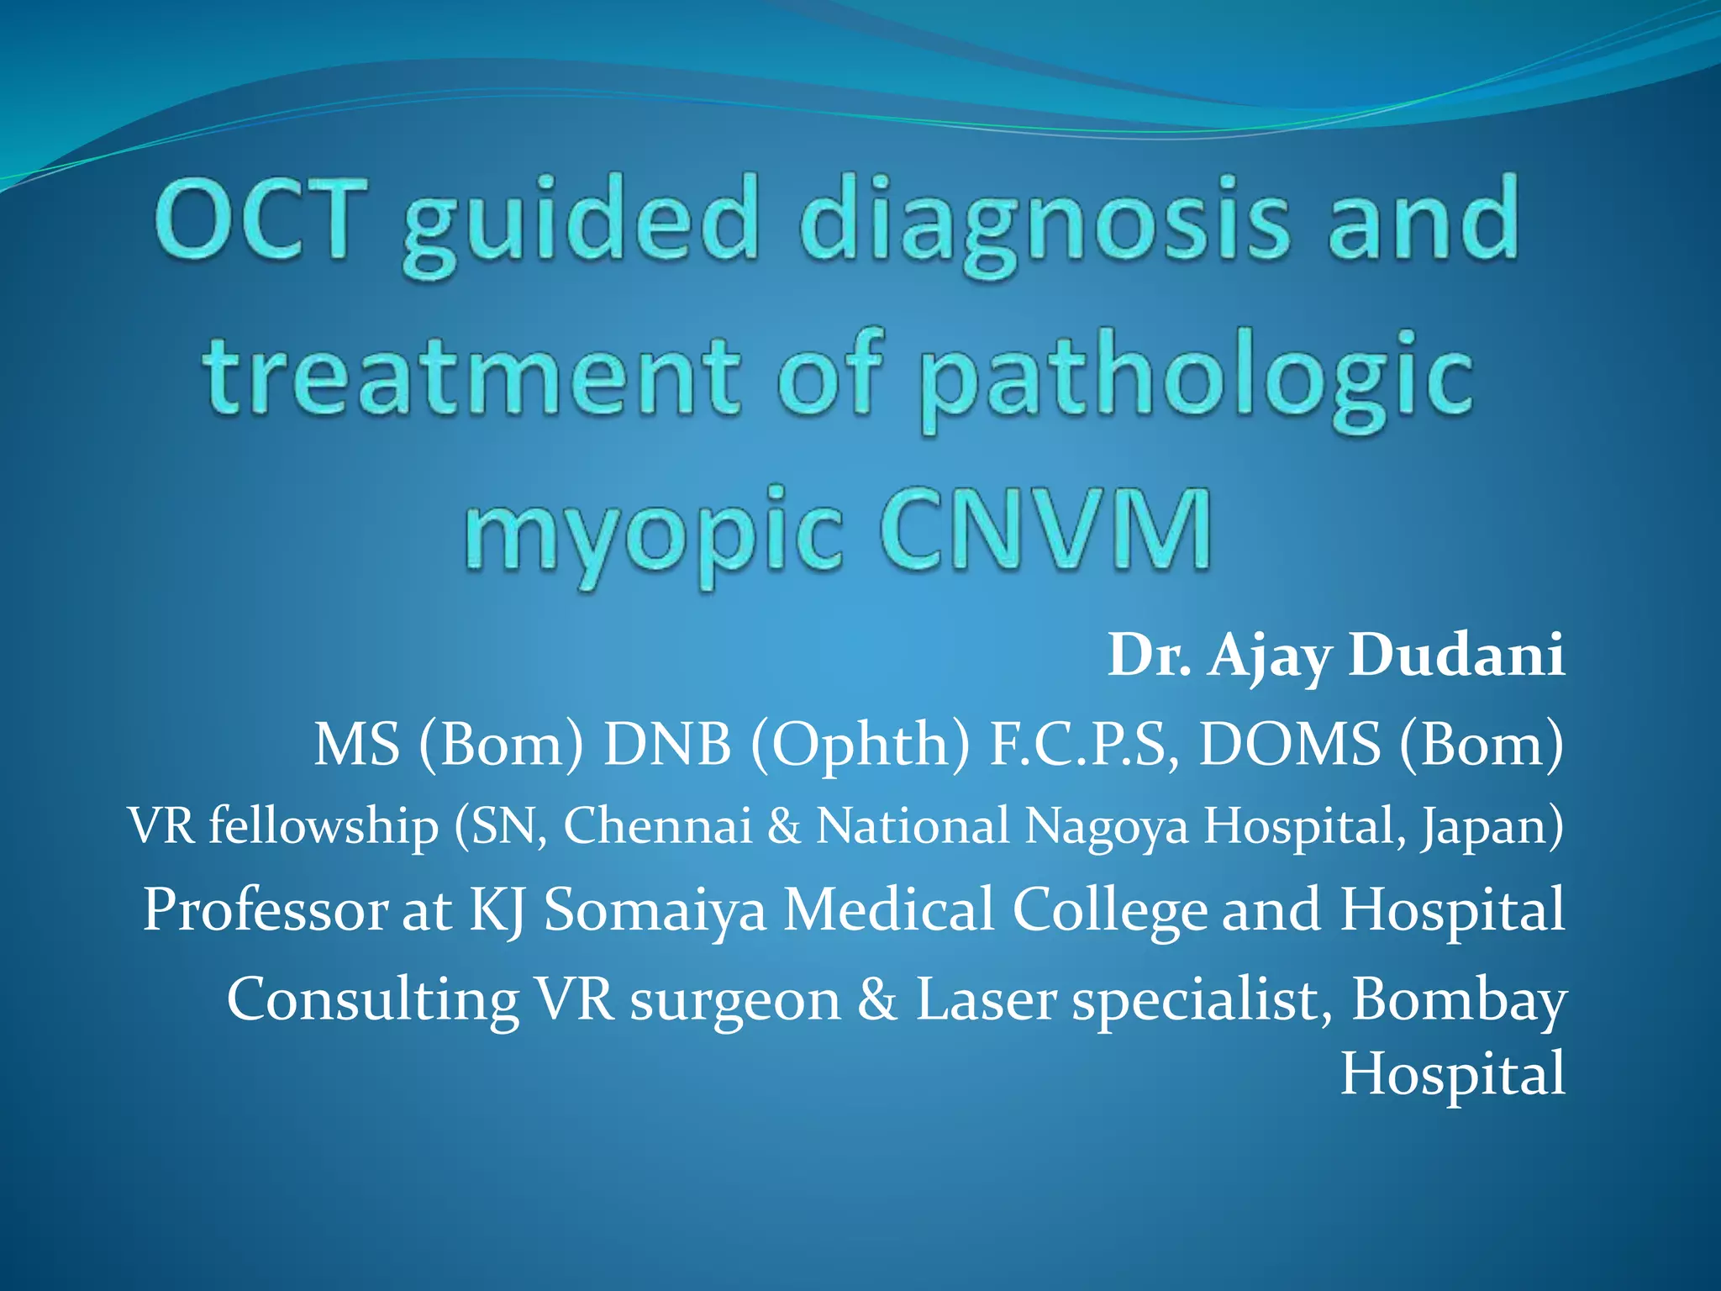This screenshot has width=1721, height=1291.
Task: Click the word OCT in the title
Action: click(261, 219)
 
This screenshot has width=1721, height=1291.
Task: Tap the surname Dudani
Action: click(1456, 655)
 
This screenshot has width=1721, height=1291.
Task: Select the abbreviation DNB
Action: click(667, 744)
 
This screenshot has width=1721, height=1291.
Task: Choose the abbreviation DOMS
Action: click(1289, 744)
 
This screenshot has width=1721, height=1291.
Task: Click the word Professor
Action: click(264, 909)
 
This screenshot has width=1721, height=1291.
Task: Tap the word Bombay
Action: click(1458, 1001)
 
